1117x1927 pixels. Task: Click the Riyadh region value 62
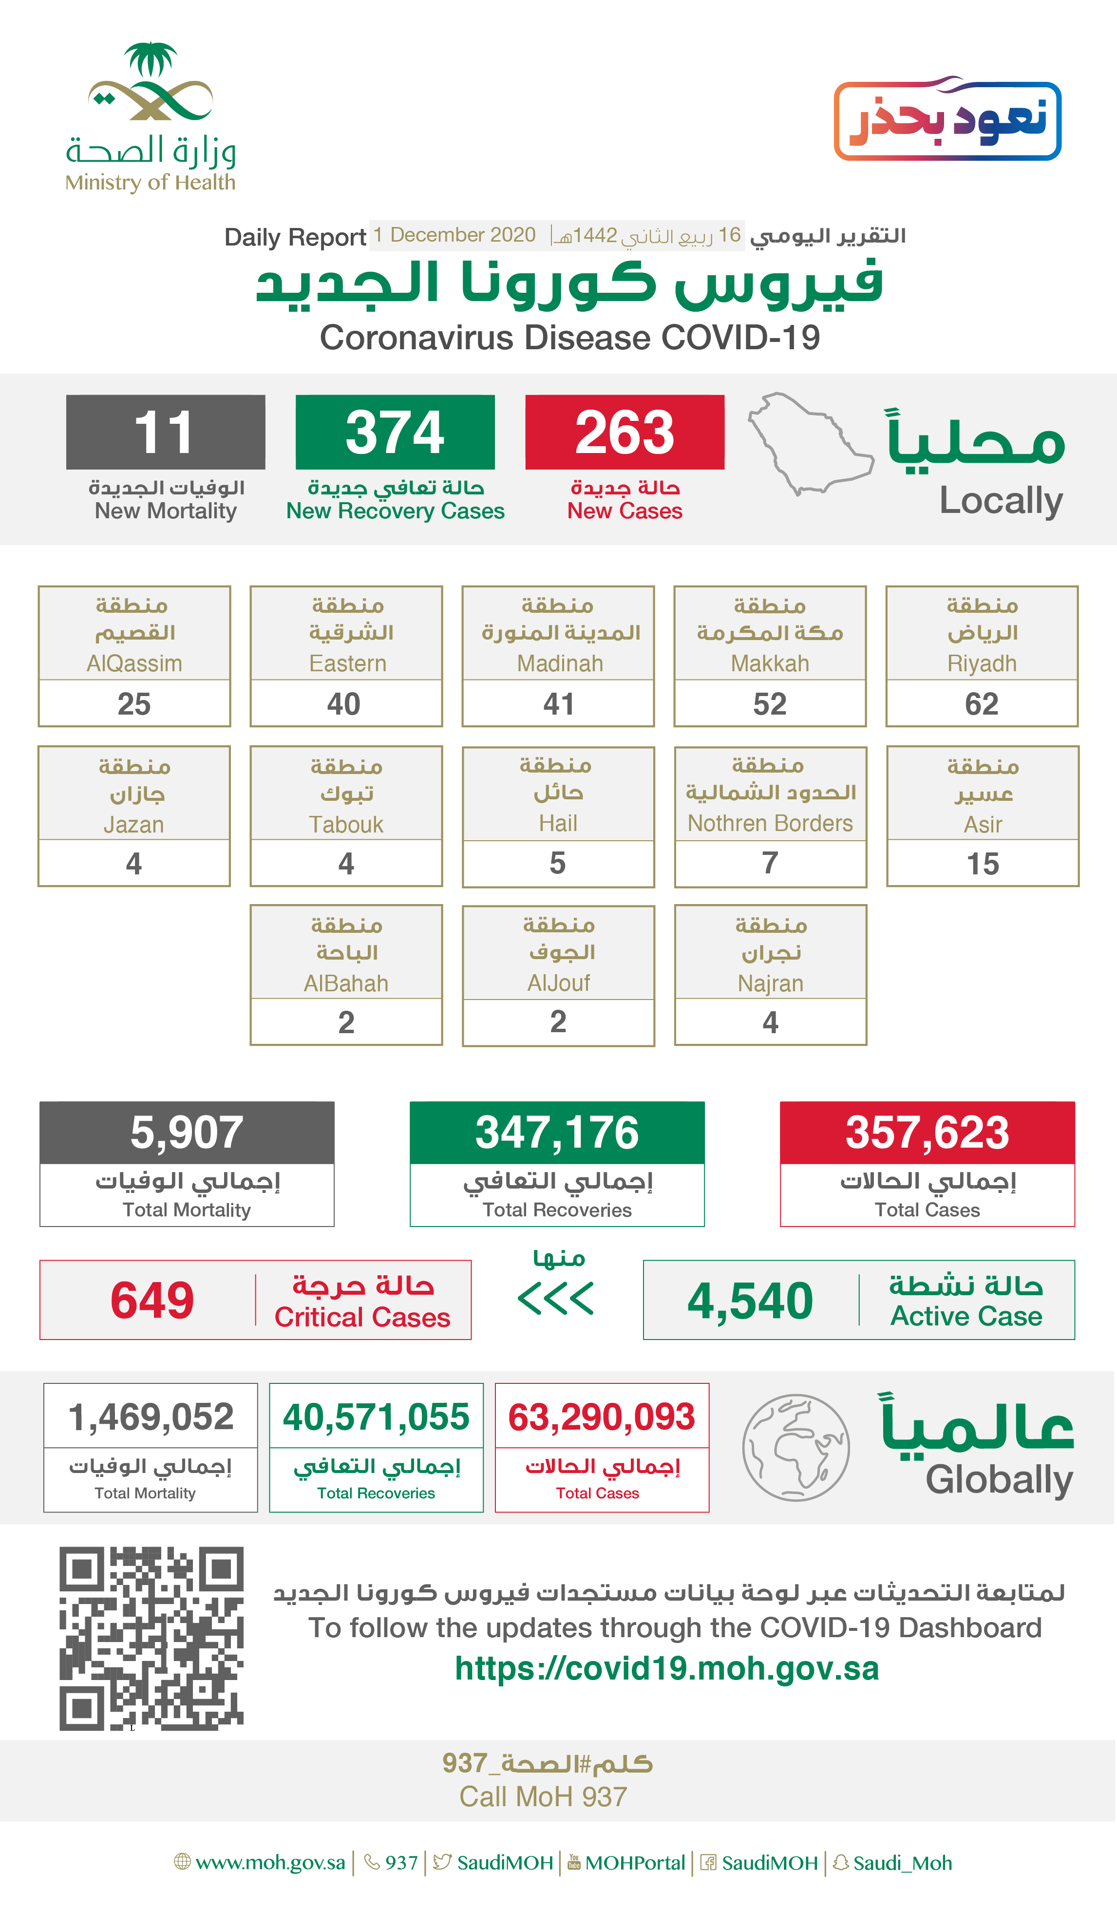981,703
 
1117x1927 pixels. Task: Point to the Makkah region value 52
769,703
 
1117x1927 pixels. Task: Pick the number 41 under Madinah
558,703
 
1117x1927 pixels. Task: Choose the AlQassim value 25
134,703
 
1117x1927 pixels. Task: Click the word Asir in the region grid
983,824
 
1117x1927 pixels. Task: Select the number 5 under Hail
558,863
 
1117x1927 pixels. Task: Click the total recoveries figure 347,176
557,1133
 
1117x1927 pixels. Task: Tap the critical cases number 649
152,1300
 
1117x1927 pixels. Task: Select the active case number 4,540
750,1301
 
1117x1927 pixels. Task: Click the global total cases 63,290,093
602,1417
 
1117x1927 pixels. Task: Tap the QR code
151,1638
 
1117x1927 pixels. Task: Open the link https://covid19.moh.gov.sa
667,1668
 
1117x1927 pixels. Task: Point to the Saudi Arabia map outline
811,444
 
